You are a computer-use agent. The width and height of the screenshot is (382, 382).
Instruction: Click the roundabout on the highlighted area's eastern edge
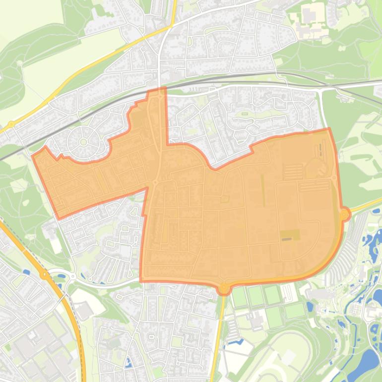(x=344, y=214)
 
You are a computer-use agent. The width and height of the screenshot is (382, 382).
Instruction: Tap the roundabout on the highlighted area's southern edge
(x=224, y=287)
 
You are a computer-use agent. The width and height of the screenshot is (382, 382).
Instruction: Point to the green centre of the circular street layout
(x=83, y=142)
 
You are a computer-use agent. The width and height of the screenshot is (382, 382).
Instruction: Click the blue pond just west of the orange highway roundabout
(x=25, y=271)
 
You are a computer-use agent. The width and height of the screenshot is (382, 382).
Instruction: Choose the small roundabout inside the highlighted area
(x=155, y=183)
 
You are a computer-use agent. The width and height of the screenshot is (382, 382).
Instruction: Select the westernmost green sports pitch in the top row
(x=240, y=297)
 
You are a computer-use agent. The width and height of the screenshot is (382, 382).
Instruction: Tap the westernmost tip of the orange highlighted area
(x=32, y=156)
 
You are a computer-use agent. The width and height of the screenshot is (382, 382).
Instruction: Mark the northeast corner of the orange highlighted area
(x=328, y=129)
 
